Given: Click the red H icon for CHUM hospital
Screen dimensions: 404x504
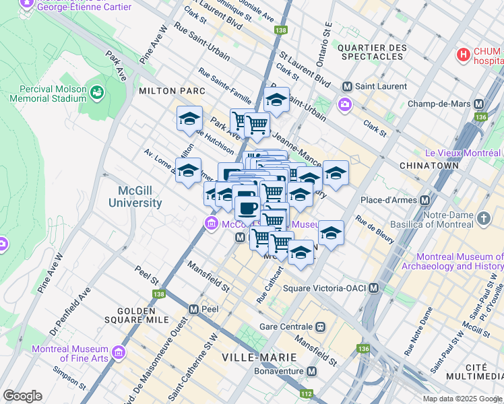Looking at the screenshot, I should click(464, 55).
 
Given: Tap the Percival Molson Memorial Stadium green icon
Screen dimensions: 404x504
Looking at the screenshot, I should click(97, 91).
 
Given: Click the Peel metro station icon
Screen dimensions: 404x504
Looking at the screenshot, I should click(194, 309).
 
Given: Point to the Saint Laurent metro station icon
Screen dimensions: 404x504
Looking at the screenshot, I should click(348, 86).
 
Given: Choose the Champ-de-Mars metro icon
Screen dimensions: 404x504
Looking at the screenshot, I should click(479, 104).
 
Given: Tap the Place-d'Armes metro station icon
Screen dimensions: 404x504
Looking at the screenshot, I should click(425, 201).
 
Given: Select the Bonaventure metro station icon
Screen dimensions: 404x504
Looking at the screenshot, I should click(311, 371).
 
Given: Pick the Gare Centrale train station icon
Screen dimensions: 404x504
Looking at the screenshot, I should click(320, 327).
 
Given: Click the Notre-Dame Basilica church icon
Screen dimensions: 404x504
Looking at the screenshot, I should click(483, 218).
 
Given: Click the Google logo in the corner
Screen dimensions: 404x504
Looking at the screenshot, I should click(22, 396).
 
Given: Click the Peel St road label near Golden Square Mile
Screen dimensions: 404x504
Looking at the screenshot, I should click(146, 275).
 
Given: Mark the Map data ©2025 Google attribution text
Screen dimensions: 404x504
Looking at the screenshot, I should click(462, 399).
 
